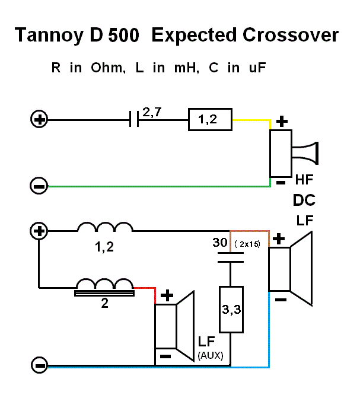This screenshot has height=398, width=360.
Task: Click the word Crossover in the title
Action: coord(291,36)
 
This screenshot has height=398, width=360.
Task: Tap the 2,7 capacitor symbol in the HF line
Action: coord(133,120)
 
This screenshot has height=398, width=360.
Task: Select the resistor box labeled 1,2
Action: coord(211,120)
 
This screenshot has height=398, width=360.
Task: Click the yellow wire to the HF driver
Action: coord(251,120)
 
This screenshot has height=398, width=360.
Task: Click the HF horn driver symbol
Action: coord(294,154)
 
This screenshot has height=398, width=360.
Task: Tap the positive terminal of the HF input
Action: coord(39,120)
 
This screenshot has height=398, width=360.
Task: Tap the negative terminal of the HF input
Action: coord(39,186)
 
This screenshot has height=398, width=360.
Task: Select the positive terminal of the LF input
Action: coord(39,231)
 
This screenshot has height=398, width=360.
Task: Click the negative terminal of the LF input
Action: coord(39,365)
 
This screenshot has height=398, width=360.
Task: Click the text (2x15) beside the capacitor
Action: coord(248,244)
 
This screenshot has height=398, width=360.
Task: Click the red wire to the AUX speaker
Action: coord(145,289)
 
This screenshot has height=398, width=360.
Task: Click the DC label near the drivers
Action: coord(304,200)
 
